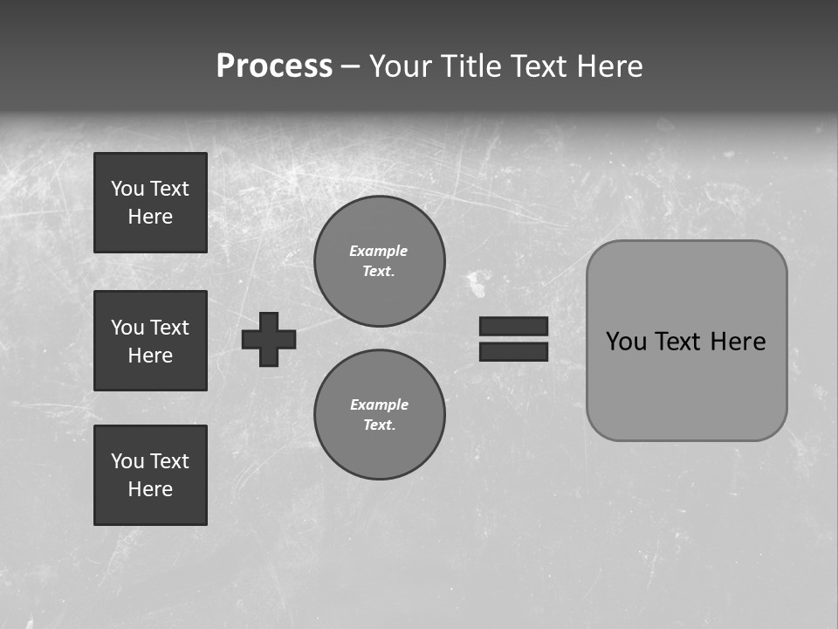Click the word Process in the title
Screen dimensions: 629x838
[274, 66]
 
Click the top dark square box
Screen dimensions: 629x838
[150, 203]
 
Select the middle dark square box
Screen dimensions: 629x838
[150, 341]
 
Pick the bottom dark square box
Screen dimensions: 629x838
[150, 475]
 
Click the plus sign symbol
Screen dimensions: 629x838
[269, 339]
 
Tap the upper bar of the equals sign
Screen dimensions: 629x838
[513, 326]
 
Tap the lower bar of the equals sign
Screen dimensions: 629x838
[513, 351]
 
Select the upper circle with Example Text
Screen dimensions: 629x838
[379, 260]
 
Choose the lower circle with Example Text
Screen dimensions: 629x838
[379, 414]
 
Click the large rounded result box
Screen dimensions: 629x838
[686, 341]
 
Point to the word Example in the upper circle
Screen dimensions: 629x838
[378, 251]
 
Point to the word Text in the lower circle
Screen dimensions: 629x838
[378, 425]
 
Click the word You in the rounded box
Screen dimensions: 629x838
[625, 342]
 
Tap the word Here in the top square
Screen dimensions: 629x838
[150, 217]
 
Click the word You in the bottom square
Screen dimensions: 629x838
[127, 461]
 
